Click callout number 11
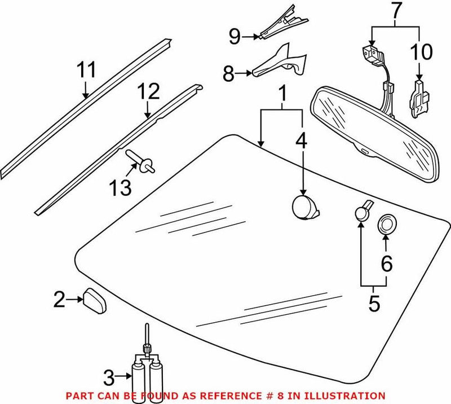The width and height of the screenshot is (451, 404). (x=87, y=71)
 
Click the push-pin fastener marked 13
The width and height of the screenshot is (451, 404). (x=143, y=160)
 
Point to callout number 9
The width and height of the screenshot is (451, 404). (x=237, y=37)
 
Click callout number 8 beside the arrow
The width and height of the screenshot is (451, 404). (x=229, y=73)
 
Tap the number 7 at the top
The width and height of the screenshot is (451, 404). (x=397, y=10)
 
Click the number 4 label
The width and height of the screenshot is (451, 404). (x=302, y=141)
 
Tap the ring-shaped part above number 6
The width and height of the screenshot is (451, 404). (x=386, y=224)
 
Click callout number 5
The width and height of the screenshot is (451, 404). (x=374, y=304)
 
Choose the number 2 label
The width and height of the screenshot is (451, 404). (x=60, y=300)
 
